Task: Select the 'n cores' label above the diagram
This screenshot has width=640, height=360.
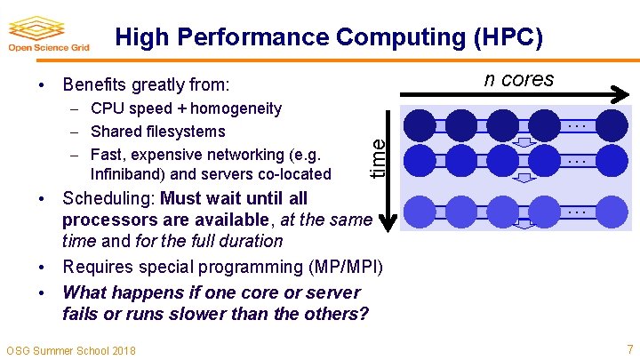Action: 518,79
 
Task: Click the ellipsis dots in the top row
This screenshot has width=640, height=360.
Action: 577,125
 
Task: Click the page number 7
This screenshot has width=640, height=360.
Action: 629,348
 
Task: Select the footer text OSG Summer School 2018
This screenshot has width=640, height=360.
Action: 71,350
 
